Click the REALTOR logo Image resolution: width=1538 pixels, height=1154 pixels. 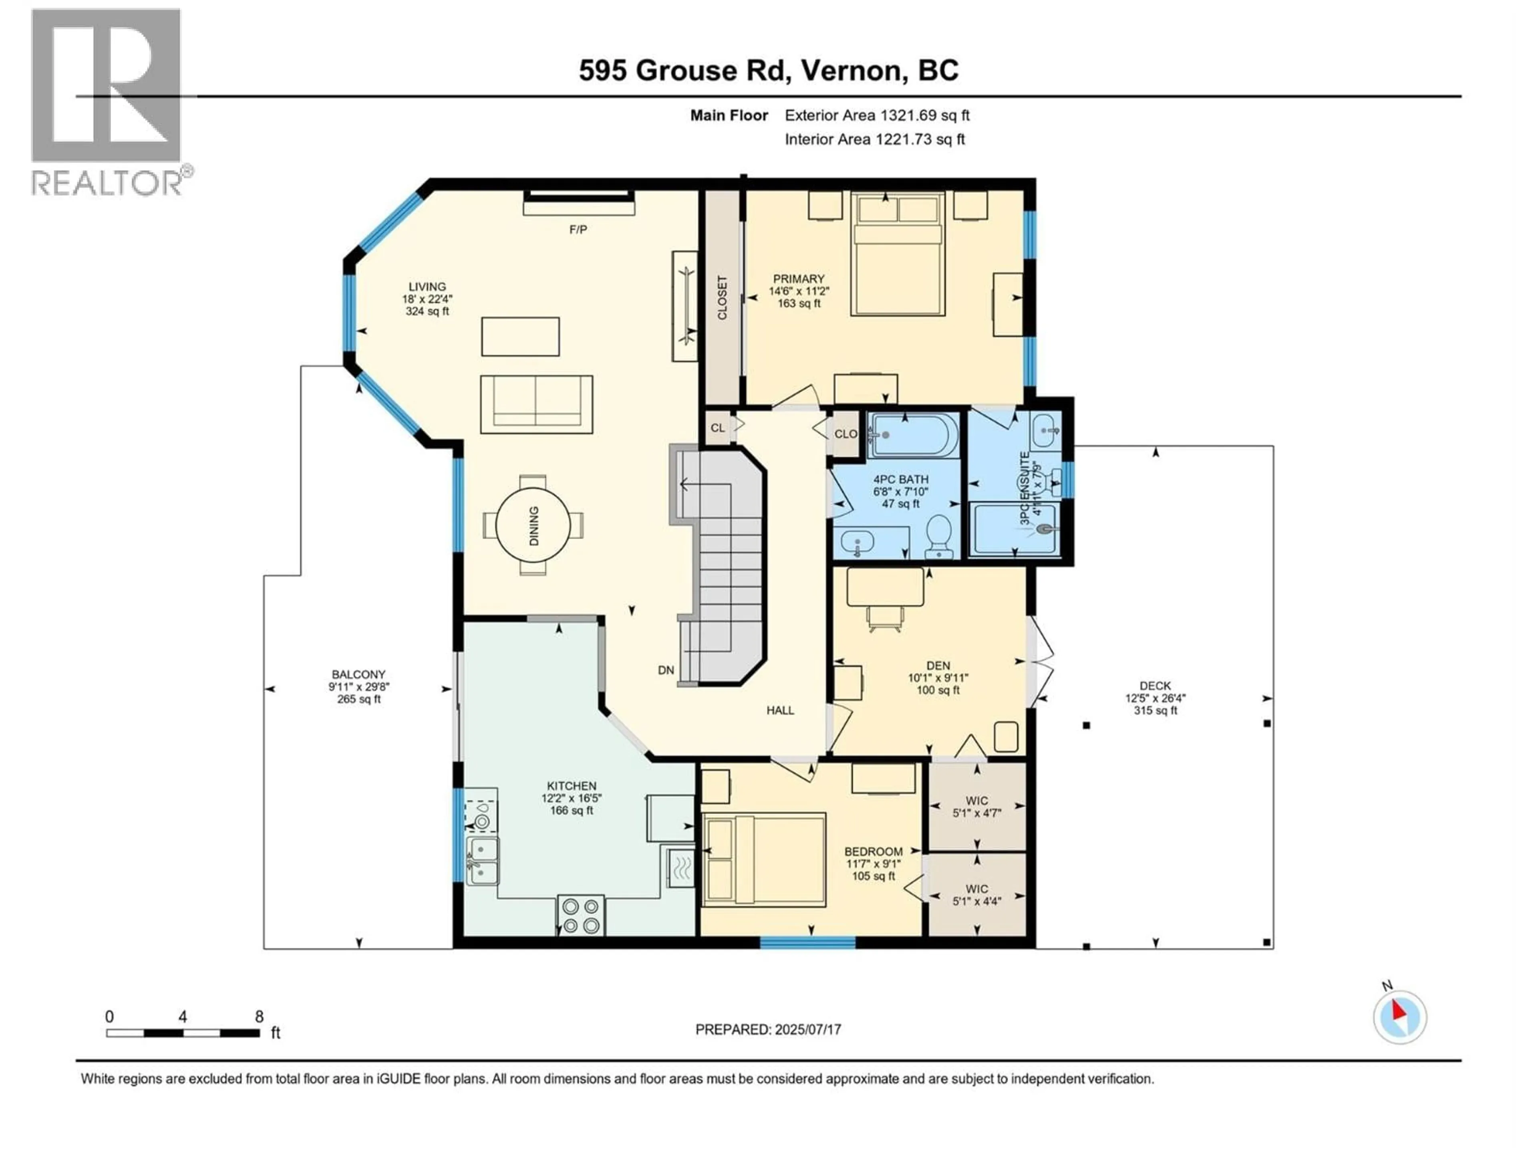point(107,101)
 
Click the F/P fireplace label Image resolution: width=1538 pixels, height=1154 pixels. point(578,230)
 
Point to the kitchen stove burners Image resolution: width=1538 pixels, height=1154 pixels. point(581,916)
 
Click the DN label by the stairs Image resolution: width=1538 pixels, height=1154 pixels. point(665,670)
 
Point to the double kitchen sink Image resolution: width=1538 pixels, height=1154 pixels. point(482,860)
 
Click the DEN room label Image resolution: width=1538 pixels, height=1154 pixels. point(938,666)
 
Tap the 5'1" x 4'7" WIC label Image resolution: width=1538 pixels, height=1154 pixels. point(976,807)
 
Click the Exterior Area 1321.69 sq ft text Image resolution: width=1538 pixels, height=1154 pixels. point(877,115)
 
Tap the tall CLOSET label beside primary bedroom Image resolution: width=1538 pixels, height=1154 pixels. point(722,298)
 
